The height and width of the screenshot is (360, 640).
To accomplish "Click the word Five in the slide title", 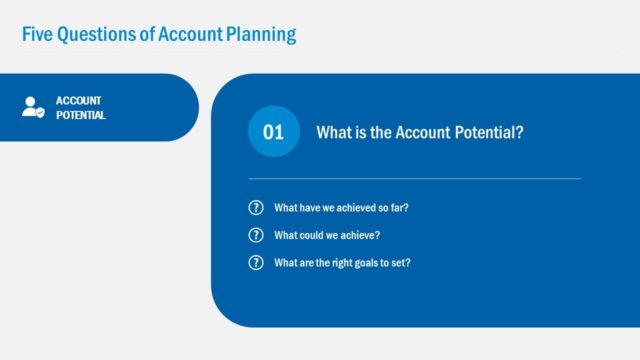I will [x=37, y=35].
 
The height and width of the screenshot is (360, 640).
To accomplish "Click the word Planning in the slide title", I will [x=261, y=35].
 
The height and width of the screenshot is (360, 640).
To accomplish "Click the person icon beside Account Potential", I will [x=33, y=107].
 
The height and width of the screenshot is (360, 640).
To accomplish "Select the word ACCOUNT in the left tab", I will [x=78, y=100].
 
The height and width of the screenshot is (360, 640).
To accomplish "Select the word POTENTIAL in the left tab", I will [x=81, y=115].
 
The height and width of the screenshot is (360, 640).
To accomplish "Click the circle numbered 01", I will [x=273, y=132].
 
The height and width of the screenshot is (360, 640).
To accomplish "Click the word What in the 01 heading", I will [x=335, y=132].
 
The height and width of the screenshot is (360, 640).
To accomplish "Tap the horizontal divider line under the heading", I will [x=414, y=178].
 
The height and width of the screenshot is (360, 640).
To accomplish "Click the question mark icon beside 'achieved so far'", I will [x=256, y=208].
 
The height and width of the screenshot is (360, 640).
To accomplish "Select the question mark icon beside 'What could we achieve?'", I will [x=256, y=236].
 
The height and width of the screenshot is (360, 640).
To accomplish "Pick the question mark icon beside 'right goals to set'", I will [x=256, y=263].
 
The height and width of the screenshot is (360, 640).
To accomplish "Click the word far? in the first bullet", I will [x=399, y=208].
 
